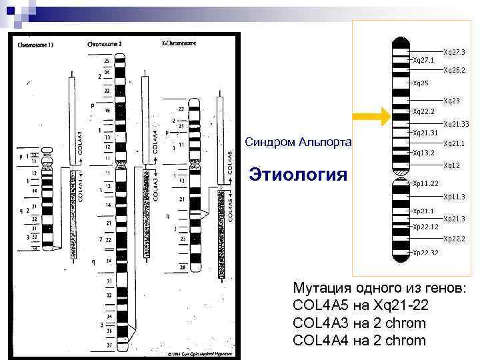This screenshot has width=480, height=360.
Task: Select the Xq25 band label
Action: coord(421,83)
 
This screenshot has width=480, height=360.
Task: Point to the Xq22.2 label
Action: coord(423,111)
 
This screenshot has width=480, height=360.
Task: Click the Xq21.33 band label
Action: coord(456,124)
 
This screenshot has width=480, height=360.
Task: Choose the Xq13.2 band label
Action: coord(423,153)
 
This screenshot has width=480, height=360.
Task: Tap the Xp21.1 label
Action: coord(423,211)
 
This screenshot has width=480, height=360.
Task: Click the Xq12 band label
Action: coord(451,165)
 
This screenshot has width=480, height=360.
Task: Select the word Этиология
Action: coord(297,175)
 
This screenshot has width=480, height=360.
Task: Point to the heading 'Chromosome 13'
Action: coord(37,45)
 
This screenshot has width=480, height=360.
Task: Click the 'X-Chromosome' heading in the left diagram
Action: coord(179,43)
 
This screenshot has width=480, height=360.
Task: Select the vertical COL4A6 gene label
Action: coord(230,163)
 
